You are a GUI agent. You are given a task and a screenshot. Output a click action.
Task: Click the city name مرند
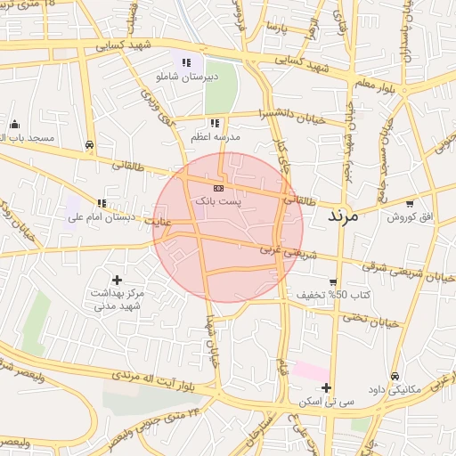pyautogui.click(x=342, y=216)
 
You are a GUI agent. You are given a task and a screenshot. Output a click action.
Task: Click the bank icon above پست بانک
pyautogui.click(x=219, y=189)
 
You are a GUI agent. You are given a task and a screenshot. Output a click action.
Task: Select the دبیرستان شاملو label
pyautogui.click(x=185, y=77)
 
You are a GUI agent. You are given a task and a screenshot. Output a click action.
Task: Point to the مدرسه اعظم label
pyautogui.click(x=213, y=137)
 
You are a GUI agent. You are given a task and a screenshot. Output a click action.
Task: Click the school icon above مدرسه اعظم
pyautogui.click(x=214, y=123)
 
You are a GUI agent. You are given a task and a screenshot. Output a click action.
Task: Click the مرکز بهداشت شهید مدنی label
pyautogui.click(x=118, y=299)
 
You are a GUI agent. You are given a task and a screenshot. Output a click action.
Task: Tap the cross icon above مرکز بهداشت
pyautogui.click(x=117, y=280)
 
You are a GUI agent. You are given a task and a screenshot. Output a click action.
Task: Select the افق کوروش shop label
pyautogui.click(x=410, y=217)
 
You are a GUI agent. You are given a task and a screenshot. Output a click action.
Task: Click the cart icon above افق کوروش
pyautogui.click(x=410, y=204)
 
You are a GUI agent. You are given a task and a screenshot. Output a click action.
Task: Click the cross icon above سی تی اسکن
pyautogui.click(x=327, y=387)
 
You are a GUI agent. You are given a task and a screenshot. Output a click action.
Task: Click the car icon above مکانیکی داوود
pyautogui.click(x=395, y=376)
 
